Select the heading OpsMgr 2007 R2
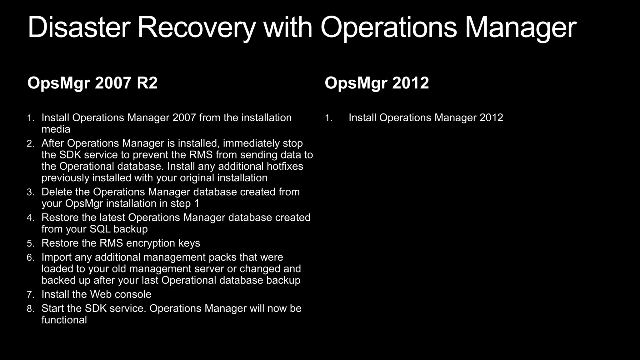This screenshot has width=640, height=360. point(92,83)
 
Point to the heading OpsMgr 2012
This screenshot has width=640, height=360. point(377,83)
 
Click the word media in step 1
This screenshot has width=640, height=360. point(56,129)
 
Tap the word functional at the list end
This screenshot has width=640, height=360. point(64,320)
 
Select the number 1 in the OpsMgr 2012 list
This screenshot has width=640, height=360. point(327,118)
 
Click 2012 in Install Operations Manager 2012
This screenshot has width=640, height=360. point(491,118)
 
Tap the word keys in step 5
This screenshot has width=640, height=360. point(189,243)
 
